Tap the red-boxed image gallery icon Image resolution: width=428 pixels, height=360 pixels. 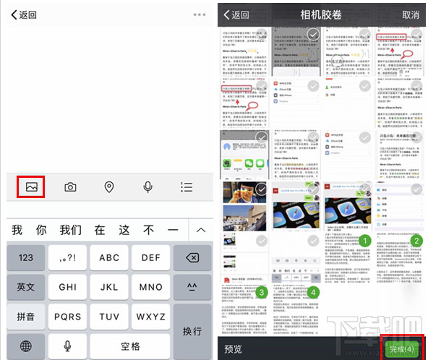[x=31, y=187]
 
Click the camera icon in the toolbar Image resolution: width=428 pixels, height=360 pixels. [x=70, y=187]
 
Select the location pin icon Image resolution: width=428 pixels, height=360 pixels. [x=109, y=187]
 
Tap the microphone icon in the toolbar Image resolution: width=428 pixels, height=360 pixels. [x=147, y=187]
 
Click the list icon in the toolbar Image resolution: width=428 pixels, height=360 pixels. [x=187, y=187]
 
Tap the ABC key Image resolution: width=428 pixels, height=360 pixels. [x=109, y=257]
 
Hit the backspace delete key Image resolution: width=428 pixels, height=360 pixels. [x=192, y=257]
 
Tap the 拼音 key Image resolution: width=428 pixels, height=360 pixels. [x=26, y=316]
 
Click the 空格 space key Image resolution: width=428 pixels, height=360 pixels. [x=130, y=346]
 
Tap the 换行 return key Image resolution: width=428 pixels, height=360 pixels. [x=192, y=330]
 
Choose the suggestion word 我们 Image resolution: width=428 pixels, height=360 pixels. [x=71, y=230]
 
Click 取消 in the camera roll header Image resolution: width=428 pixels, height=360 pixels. [x=411, y=14]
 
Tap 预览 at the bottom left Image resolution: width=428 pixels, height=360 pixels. [x=233, y=348]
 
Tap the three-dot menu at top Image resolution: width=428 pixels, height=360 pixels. [x=200, y=14]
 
